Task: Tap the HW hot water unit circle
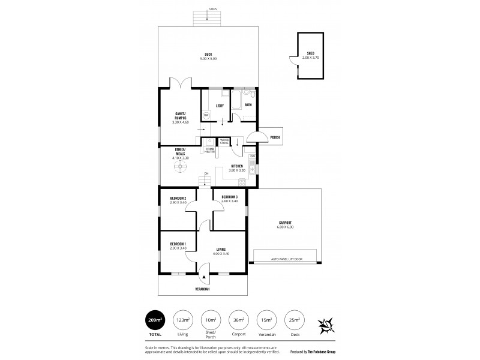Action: (x=206, y=115)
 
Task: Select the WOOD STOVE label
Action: (x=224, y=141)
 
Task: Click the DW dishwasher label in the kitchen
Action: (x=253, y=157)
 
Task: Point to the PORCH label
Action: (x=274, y=137)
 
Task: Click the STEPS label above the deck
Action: (x=213, y=10)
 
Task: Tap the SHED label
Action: (x=310, y=53)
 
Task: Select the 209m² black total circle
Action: (x=155, y=320)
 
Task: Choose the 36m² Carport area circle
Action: (x=239, y=320)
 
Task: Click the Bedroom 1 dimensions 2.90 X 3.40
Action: (x=178, y=247)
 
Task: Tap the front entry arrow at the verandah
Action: (x=205, y=278)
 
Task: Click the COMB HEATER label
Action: (x=209, y=151)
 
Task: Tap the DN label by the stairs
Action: (x=206, y=174)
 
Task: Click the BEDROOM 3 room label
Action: (x=230, y=197)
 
